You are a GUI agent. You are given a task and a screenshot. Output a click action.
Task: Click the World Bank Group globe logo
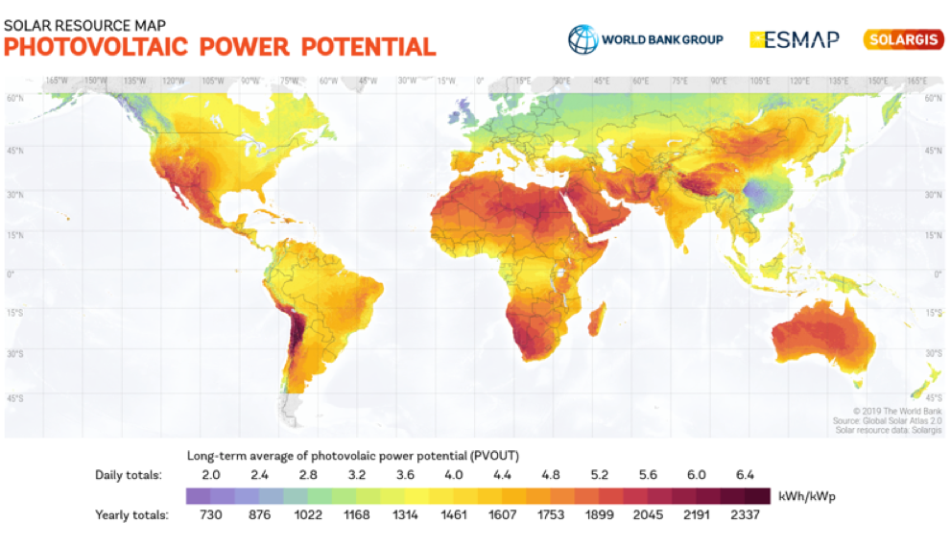[582, 39]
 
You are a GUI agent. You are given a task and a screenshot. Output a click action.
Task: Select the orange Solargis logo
[903, 39]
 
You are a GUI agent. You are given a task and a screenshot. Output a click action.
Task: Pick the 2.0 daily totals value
[211, 475]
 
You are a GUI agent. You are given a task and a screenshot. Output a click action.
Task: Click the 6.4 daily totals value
[745, 475]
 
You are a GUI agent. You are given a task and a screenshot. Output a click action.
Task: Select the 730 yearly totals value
[211, 515]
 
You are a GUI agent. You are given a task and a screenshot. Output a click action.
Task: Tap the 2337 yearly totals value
[745, 515]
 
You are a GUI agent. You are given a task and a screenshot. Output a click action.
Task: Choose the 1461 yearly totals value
[454, 515]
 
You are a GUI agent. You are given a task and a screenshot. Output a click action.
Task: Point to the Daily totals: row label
[129, 475]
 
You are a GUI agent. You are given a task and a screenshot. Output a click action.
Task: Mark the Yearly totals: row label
[131, 515]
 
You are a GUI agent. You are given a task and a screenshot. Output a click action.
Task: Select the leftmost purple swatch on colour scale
[197, 495]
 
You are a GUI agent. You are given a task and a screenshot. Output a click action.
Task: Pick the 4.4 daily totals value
[502, 475]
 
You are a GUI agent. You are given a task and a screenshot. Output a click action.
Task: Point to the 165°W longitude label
[55, 81]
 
